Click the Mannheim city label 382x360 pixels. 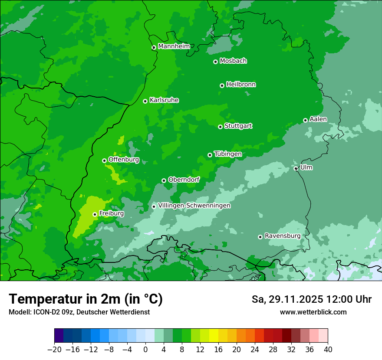tap(174, 46)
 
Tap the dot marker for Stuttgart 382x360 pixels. tap(220, 127)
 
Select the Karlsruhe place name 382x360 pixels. tap(164, 100)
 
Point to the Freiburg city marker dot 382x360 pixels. tap(95, 214)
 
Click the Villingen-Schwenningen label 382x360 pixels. tap(194, 206)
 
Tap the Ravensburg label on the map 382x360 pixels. tap(282, 236)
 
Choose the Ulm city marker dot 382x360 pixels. tap(296, 168)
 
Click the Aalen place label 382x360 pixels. tap(318, 119)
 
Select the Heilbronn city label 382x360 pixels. tap(241, 85)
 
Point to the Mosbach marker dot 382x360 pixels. tap(215, 62)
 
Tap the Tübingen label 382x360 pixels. tap(228, 154)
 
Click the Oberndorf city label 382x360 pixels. tap(184, 180)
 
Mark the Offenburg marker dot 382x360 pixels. tap(104, 160)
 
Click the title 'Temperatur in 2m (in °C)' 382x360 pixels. tap(86, 299)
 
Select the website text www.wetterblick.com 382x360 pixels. tap(313, 312)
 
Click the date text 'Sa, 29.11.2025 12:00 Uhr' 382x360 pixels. tap(311, 299)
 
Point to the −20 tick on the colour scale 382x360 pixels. tap(54, 350)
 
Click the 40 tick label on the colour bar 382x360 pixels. tap(328, 350)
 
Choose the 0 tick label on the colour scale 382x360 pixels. tap(145, 350)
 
